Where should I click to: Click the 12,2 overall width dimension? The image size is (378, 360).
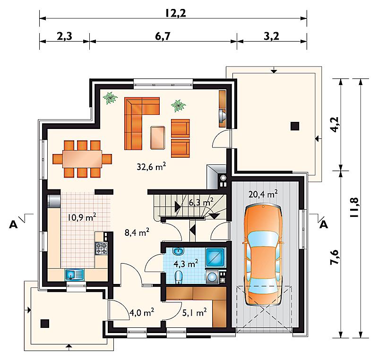pos(176,13)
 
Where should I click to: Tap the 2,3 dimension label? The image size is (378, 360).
pos(64,36)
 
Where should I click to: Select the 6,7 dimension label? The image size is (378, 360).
pos(163,36)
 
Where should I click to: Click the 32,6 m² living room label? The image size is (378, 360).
pos(151,166)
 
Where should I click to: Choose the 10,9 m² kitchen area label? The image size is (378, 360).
pos(82,217)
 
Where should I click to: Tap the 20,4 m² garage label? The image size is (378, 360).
pos(263,194)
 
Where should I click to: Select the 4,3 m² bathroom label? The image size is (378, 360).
pos(186,263)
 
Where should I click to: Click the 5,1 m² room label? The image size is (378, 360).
pos(194,313)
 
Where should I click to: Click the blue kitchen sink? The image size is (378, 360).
pos(75,274)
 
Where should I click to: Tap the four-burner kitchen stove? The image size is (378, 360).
pos(101,248)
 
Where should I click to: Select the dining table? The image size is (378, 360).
pos(82,159)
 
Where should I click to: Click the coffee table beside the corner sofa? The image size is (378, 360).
pos(158,137)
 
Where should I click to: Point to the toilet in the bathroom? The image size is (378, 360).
pos(179,277)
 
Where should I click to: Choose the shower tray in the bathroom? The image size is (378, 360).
pos(215,257)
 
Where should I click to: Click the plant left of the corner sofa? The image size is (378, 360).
pos(110,98)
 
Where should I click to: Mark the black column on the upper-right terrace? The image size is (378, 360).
pos(295,126)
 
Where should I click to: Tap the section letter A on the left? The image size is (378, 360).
pos(13,224)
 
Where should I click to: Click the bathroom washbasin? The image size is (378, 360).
pos(178,251)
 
